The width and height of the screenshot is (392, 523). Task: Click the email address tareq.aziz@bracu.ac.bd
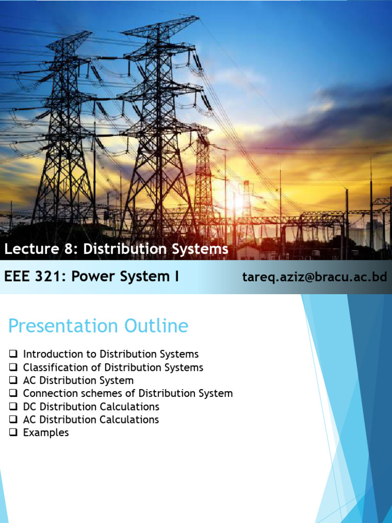click(x=314, y=277)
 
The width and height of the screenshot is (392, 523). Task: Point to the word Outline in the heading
click(x=155, y=326)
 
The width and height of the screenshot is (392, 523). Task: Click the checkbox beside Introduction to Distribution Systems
click(x=13, y=354)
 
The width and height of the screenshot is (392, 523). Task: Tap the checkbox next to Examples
click(x=13, y=433)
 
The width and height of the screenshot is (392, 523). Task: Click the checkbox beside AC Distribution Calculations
click(x=13, y=420)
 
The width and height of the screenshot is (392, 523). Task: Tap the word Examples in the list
click(x=46, y=433)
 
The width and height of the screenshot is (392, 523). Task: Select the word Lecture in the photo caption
click(x=26, y=249)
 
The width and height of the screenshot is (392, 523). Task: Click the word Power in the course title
click(x=92, y=277)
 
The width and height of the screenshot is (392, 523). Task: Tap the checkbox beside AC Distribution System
click(x=13, y=381)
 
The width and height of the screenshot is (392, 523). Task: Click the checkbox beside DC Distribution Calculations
click(x=13, y=407)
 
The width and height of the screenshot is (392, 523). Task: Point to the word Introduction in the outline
click(x=53, y=354)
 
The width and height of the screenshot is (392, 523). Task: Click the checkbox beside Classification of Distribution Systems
click(x=13, y=367)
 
